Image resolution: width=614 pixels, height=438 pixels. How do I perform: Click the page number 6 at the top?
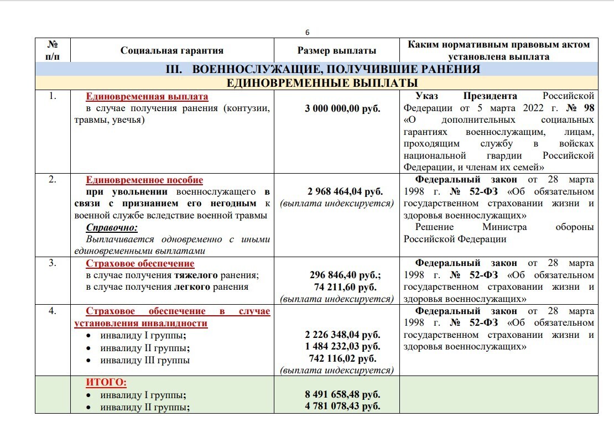pos(307,32)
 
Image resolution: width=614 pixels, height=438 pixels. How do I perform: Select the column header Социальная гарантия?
pos(172,50)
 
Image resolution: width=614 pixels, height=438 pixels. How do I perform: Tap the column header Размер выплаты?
pos(337,50)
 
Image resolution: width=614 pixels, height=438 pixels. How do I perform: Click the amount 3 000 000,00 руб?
pos(342,108)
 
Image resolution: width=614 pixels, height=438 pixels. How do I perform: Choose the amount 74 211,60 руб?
pos(345,287)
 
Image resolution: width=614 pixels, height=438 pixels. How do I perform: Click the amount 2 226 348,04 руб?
pos(342,335)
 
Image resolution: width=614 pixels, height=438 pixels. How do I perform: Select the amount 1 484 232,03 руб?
pos(342,347)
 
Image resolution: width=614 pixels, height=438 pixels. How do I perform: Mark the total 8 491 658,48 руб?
pos(342,395)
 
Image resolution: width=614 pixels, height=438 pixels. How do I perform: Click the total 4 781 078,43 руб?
pos(342,407)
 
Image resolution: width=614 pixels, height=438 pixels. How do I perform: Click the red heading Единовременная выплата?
pos(147,97)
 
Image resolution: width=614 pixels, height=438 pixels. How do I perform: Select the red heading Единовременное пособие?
pos(144,180)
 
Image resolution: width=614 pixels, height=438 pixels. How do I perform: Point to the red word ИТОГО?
pos(106,382)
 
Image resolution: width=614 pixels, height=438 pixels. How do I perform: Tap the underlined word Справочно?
pos(112,227)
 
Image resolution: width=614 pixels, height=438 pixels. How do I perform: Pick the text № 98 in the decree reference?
pos(581,108)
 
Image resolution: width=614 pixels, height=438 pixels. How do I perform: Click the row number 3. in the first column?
pos(53,263)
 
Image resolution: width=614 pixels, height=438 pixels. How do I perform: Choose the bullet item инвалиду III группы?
pos(145,360)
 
